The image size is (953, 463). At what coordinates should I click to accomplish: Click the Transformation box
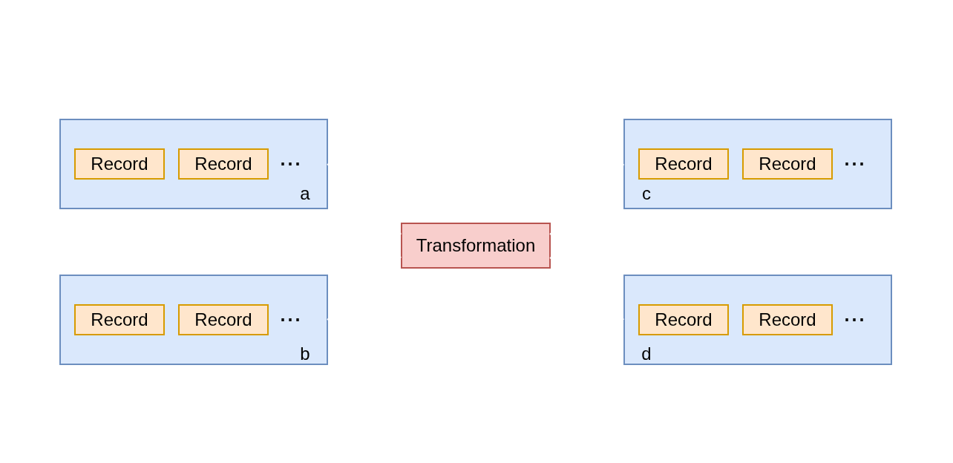tap(475, 246)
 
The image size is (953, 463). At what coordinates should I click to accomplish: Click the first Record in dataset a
tap(119, 164)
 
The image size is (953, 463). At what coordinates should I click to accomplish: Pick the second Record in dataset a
tap(223, 164)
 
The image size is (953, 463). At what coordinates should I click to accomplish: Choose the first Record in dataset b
tap(119, 320)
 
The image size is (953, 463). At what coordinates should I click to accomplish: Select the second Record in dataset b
tap(223, 320)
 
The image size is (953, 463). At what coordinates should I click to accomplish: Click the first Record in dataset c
tap(683, 164)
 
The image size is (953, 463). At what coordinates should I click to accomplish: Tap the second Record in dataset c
tap(787, 164)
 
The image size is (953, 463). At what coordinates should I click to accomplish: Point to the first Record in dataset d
tap(683, 320)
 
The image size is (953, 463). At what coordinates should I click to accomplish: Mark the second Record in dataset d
tap(787, 320)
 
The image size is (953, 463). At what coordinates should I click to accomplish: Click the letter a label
tap(304, 194)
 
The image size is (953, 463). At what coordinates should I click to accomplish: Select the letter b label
tap(304, 354)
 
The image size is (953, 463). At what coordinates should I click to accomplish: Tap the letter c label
tap(646, 194)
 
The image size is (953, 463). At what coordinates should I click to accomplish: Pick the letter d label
tap(646, 354)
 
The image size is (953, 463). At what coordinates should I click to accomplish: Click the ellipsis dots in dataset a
tap(289, 164)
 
